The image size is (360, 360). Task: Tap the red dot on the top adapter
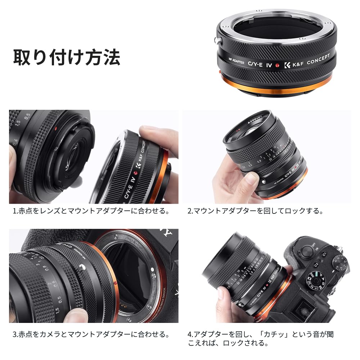click(x=277, y=66)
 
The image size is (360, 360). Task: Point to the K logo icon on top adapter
click(x=287, y=66)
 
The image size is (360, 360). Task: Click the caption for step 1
click(x=91, y=211)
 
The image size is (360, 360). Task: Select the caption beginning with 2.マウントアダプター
click(x=255, y=211)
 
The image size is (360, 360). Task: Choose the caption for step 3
click(x=91, y=334)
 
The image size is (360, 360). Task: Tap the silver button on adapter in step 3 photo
click(x=84, y=267)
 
